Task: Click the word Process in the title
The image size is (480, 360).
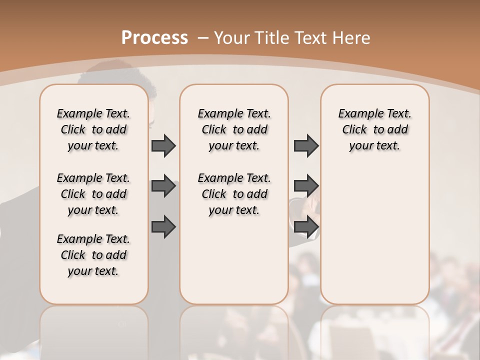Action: point(154,37)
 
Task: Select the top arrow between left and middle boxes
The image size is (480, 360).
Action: point(163,146)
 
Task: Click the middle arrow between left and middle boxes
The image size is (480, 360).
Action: point(163,186)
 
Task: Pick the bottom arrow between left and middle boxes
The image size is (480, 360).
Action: point(163,226)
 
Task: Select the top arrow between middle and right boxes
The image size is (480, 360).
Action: point(306,146)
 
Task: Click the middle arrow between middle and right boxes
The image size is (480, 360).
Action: point(306,186)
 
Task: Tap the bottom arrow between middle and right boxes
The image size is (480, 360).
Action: point(306,226)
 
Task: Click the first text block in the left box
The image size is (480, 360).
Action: point(93,129)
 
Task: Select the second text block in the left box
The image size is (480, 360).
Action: point(93,194)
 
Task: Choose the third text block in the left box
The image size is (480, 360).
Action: point(93,255)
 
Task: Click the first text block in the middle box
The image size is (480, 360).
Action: point(234,129)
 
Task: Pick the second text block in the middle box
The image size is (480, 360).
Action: point(234,194)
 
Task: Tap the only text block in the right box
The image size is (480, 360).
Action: point(375,129)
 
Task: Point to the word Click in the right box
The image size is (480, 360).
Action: point(354,130)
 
